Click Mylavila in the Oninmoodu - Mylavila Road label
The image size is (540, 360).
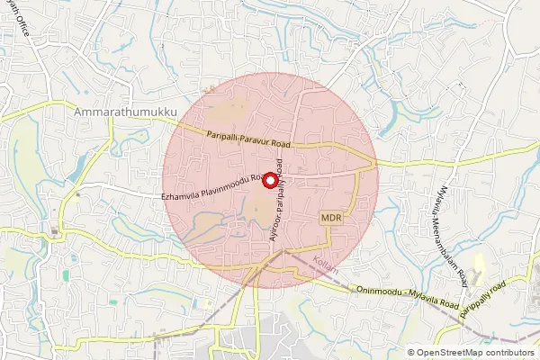431,299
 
